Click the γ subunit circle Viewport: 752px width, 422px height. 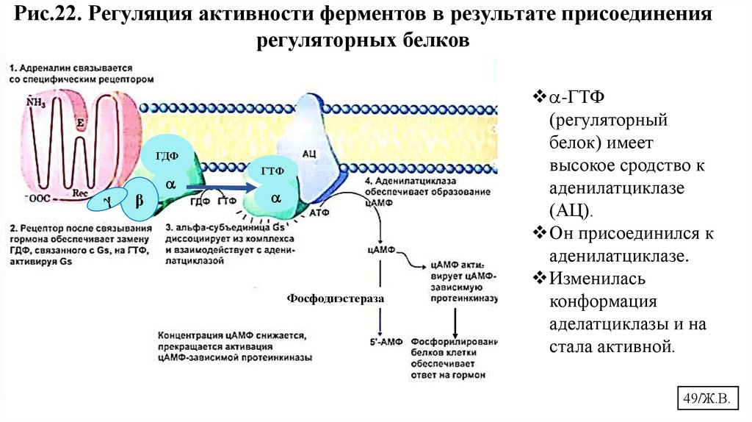coord(107,199)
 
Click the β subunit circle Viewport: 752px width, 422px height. coord(139,200)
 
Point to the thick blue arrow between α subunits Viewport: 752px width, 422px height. coord(221,188)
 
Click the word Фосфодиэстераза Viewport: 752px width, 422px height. coord(336,300)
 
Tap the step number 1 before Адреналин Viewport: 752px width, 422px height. coord(13,65)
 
